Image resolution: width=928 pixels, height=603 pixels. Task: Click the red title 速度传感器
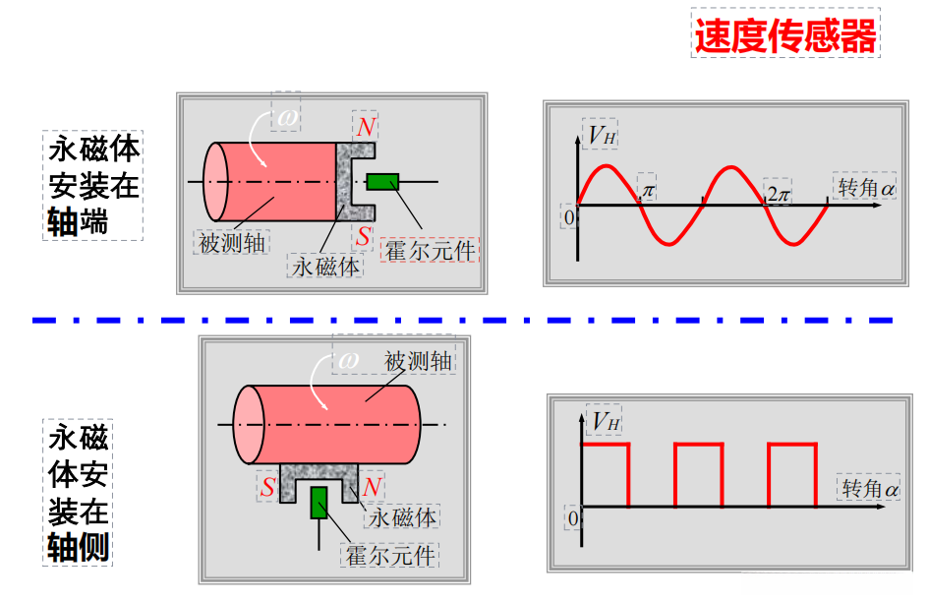784,36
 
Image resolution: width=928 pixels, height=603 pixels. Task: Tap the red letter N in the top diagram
366,127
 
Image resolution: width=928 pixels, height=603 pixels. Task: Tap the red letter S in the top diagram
365,236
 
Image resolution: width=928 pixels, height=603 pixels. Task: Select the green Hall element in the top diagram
382,181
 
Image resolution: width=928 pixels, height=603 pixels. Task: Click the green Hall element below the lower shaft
319,502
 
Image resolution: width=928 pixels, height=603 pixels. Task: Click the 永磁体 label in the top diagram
325,266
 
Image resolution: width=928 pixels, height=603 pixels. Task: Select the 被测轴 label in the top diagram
232,242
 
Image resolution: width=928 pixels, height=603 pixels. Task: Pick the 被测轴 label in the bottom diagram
418,360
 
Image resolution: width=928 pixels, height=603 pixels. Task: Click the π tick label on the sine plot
648,186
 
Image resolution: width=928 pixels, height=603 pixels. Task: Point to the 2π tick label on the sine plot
779,194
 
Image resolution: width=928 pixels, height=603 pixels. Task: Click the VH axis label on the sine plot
602,135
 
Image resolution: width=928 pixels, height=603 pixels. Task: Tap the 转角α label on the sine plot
866,186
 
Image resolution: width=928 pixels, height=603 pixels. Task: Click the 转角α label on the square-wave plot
869,488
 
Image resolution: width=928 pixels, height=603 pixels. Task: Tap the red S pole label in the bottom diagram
267,488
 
